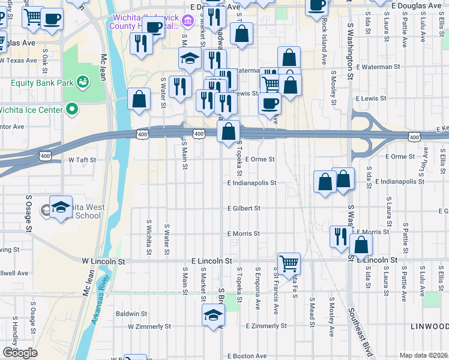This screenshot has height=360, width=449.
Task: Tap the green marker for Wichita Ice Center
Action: (x=73, y=109)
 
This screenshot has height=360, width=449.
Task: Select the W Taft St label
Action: (x=82, y=160)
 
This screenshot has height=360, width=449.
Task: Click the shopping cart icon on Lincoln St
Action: (x=289, y=263)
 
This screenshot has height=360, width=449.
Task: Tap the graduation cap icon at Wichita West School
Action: (x=61, y=207)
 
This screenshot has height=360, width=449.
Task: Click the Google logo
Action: (x=20, y=353)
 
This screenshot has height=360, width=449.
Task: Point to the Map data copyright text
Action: (x=423, y=355)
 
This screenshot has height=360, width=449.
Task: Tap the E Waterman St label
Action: (x=378, y=67)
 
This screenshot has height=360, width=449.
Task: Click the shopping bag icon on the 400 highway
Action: (x=229, y=131)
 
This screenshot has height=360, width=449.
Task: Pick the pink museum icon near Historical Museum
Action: (x=188, y=22)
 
